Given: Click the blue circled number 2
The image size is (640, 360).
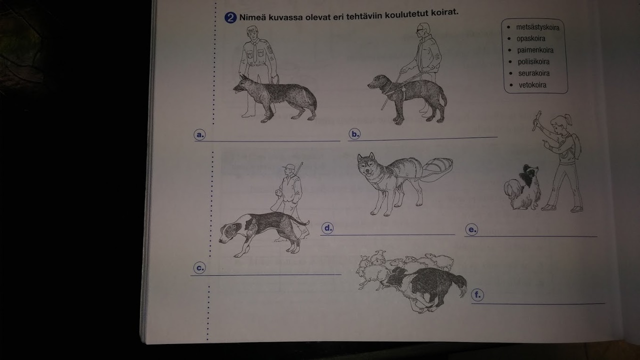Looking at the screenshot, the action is (230, 17).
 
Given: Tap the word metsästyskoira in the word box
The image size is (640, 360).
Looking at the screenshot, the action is (537, 27).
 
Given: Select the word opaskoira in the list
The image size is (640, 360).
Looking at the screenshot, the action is (531, 38).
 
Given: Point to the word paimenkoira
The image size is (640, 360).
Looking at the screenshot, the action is (535, 50).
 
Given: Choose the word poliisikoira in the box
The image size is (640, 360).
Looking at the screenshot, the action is (533, 61).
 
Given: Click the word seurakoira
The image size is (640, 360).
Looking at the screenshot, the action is (534, 73).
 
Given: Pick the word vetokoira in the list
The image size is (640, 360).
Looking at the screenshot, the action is (532, 85).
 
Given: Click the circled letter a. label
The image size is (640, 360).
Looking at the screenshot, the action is (199, 134).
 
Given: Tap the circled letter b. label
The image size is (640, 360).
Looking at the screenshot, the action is (354, 134).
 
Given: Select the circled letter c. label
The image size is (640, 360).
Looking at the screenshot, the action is (199, 268).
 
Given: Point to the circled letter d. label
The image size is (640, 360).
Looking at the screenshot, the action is (327, 228).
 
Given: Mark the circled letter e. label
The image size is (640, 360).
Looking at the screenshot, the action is (471, 229).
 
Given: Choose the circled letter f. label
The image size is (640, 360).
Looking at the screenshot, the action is (477, 295).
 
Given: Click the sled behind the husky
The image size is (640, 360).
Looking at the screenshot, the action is (437, 169).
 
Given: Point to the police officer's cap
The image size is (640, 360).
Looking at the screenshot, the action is (252, 29).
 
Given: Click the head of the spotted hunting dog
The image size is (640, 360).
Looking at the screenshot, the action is (231, 231).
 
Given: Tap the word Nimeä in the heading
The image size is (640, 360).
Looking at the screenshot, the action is (253, 17).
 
